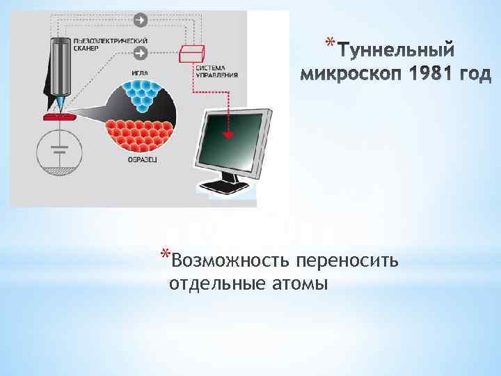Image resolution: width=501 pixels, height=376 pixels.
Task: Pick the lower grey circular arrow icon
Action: tap(141, 53)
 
